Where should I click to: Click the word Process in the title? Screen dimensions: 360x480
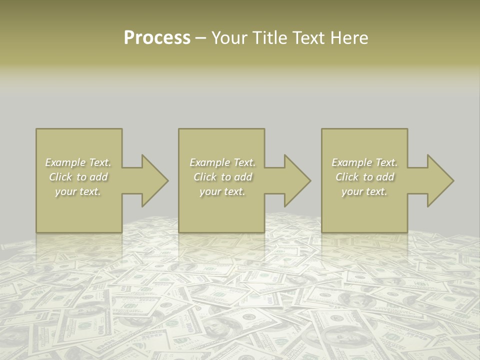click(x=157, y=38)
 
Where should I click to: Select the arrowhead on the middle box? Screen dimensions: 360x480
click(x=296, y=180)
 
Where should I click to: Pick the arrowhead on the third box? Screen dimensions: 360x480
click(x=439, y=180)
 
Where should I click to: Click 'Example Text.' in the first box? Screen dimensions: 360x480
click(x=78, y=162)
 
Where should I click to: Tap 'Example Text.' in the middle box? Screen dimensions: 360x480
click(x=222, y=162)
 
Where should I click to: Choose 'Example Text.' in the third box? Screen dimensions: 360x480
click(x=364, y=162)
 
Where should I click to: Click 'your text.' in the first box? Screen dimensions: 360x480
click(x=78, y=191)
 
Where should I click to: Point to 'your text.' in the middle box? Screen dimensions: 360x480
click(x=222, y=191)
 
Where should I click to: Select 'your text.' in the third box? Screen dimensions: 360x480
click(x=364, y=191)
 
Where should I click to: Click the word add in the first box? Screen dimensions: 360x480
click(x=99, y=177)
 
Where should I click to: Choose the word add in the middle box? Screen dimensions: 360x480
click(x=243, y=177)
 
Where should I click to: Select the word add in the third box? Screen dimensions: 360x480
click(x=385, y=177)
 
